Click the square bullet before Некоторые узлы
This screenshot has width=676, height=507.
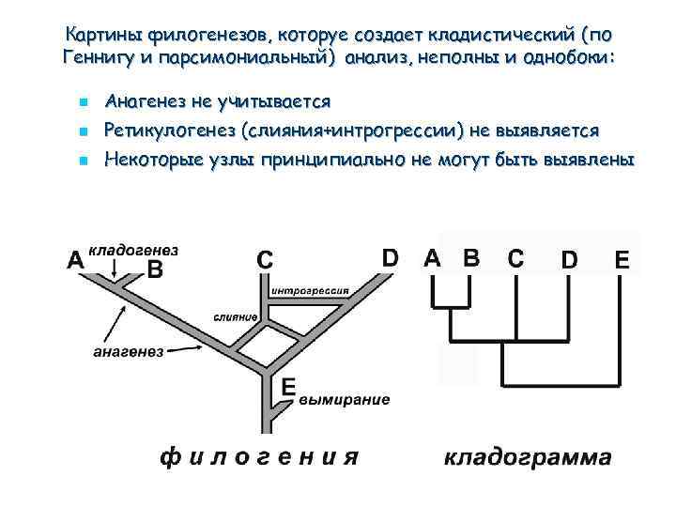pyautogui.click(x=84, y=161)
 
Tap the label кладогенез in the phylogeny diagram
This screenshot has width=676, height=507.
pyautogui.click(x=133, y=252)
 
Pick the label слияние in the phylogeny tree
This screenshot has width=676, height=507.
pyautogui.click(x=236, y=316)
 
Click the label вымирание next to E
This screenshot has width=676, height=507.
pyautogui.click(x=345, y=399)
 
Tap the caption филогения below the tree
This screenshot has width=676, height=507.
pyautogui.click(x=259, y=458)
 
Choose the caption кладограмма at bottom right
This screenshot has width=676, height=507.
pyautogui.click(x=528, y=458)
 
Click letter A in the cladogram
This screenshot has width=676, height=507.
pyautogui.click(x=432, y=257)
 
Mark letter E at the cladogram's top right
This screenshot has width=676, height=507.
pyautogui.click(x=622, y=260)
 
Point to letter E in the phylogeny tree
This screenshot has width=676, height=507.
pyautogui.click(x=288, y=386)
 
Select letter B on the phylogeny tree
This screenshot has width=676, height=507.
pyautogui.click(x=156, y=269)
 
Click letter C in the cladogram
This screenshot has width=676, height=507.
pyautogui.click(x=516, y=257)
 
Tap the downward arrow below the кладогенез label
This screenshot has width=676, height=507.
pyautogui.click(x=115, y=270)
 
